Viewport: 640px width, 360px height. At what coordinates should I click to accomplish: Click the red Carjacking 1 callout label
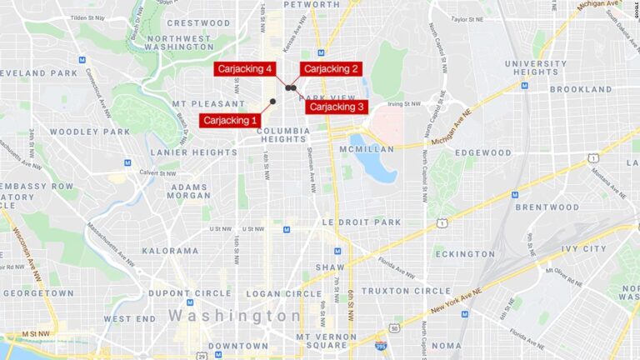[x=230, y=121]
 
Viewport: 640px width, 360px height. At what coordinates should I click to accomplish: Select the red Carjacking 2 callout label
[x=331, y=69]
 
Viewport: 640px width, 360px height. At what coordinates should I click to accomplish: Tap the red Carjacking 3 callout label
[x=337, y=107]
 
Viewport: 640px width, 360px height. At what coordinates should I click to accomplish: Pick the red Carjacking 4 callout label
[x=245, y=69]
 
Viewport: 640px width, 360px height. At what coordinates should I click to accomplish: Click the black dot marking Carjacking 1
[x=272, y=102]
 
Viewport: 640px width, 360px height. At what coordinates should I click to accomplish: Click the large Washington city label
[x=235, y=316]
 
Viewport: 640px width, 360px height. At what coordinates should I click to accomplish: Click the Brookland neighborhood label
[x=580, y=89]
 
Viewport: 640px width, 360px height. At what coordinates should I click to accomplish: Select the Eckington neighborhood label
[x=464, y=254]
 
